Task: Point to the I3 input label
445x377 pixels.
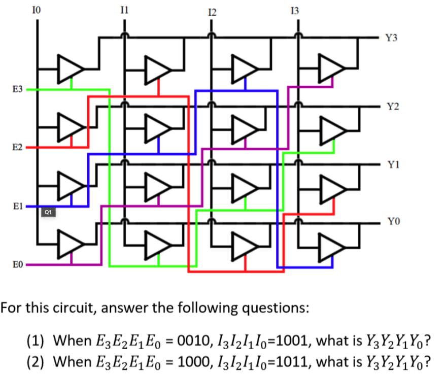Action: (296, 9)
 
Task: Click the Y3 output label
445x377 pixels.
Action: (391, 38)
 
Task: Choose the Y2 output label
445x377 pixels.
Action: (391, 107)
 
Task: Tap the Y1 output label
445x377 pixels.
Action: (391, 164)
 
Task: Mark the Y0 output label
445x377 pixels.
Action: (391, 222)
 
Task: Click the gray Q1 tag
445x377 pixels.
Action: (48, 212)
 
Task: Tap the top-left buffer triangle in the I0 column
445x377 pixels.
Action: (70, 68)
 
